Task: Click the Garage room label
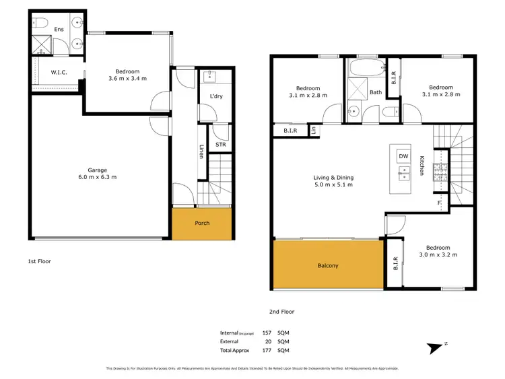tap(97, 170)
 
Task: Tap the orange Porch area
tap(202, 223)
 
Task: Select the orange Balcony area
tap(327, 266)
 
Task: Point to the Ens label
tap(59, 29)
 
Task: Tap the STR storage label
tap(220, 145)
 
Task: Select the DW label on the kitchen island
tap(403, 156)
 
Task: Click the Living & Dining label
tap(333, 178)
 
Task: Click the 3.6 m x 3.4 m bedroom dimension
tap(127, 79)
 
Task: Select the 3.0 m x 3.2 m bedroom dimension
tap(438, 254)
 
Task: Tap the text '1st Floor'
tap(40, 261)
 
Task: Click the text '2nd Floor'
tap(283, 312)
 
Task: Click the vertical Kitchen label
tap(422, 166)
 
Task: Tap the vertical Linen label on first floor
tap(201, 152)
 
